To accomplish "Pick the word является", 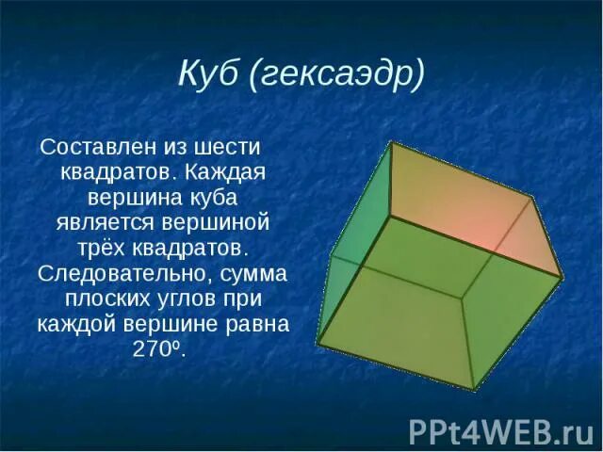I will [109, 224].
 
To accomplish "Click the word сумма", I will [252, 274].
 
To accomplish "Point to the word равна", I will [260, 324].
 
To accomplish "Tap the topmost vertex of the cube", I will [391, 142].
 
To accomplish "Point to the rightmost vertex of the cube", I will [562, 278].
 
